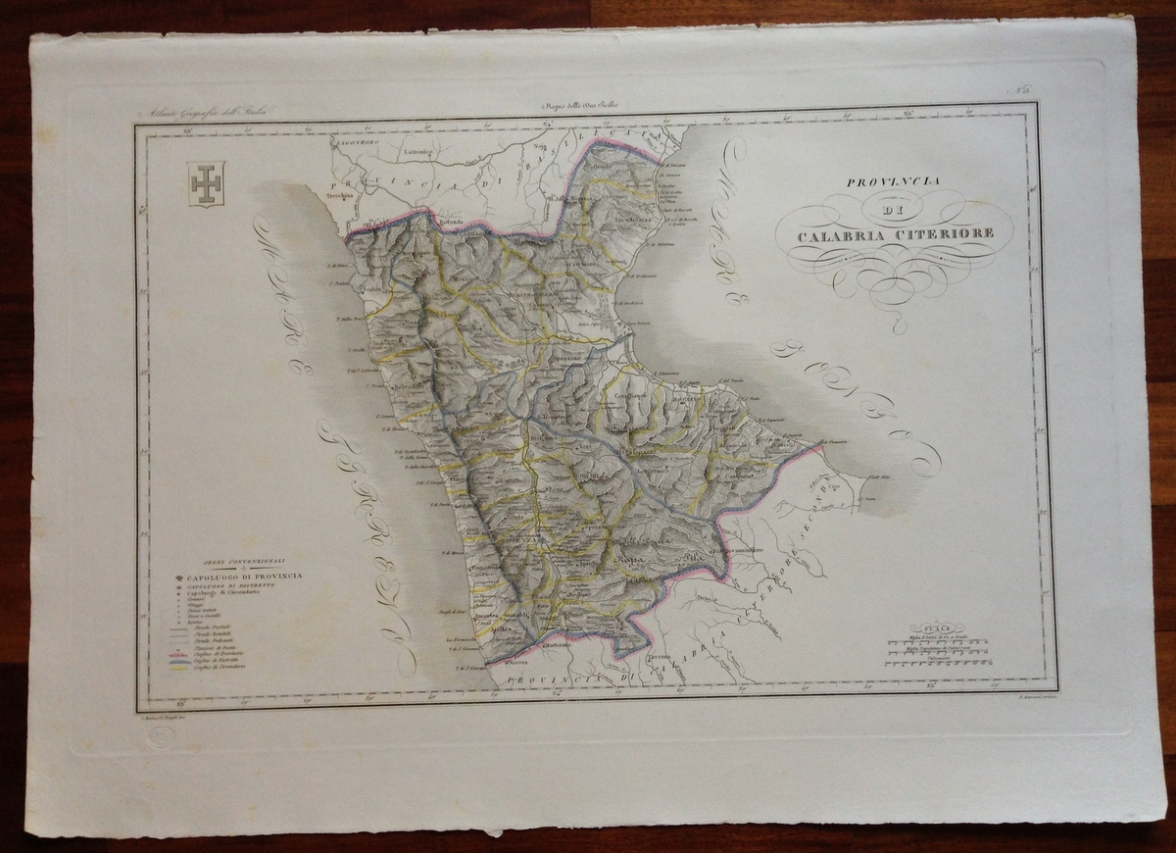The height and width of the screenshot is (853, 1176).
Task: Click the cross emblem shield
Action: pos(206,183)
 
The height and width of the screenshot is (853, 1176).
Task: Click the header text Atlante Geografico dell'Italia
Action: pos(209,115)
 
